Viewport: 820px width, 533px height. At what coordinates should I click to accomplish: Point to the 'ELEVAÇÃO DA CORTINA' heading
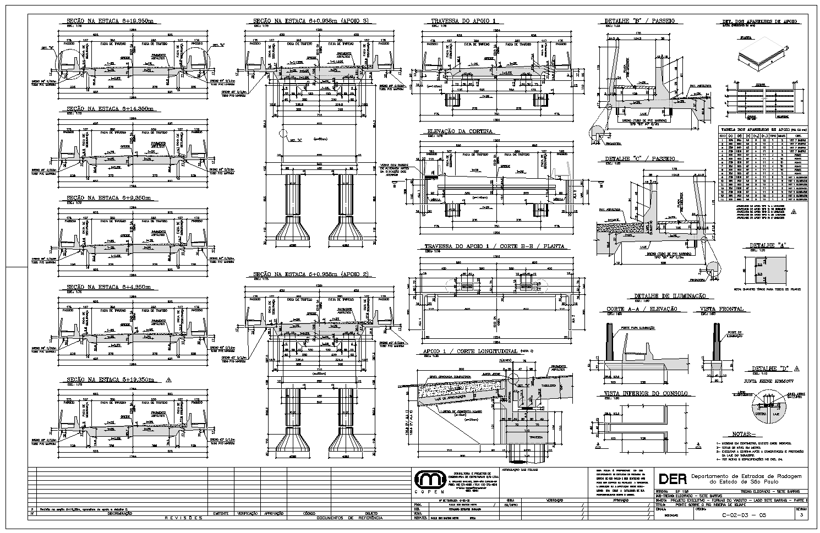460,131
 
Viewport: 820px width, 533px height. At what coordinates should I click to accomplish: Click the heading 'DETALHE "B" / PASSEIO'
639,21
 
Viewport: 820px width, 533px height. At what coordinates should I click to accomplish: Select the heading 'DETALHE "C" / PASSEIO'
639,159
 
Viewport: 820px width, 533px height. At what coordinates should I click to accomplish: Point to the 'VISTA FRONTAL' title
721,309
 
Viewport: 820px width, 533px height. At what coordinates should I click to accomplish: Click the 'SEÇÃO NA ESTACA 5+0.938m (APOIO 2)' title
310,274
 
